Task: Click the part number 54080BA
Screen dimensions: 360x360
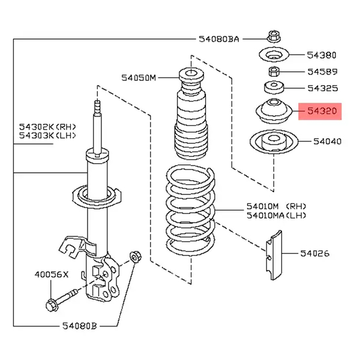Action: (x=219, y=39)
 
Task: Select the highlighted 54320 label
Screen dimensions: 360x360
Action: (x=320, y=112)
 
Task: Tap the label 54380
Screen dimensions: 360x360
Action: (x=322, y=55)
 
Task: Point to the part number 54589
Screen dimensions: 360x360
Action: (x=322, y=72)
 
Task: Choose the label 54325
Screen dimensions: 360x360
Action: (x=323, y=88)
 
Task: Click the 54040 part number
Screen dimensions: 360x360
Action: (x=328, y=142)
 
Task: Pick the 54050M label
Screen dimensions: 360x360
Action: (x=139, y=78)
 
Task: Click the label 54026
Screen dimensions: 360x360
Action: (x=315, y=253)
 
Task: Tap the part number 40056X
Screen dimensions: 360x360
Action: (x=52, y=274)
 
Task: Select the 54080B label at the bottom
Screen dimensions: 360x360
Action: (x=80, y=326)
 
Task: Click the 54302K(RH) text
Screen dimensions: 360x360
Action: (x=47, y=127)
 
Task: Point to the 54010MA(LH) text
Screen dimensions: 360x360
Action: (x=277, y=215)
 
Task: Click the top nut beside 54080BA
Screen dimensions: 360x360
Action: (x=274, y=37)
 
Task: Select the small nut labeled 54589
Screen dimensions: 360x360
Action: (x=274, y=71)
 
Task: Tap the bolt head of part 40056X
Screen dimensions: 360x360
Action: (x=51, y=305)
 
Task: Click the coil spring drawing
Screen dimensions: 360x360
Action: (x=190, y=211)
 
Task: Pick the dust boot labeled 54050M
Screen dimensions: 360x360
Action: (x=191, y=113)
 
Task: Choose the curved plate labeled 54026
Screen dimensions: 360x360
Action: (x=274, y=256)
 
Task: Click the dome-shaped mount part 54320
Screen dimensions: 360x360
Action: (x=274, y=111)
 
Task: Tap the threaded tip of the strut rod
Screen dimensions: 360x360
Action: (x=97, y=106)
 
